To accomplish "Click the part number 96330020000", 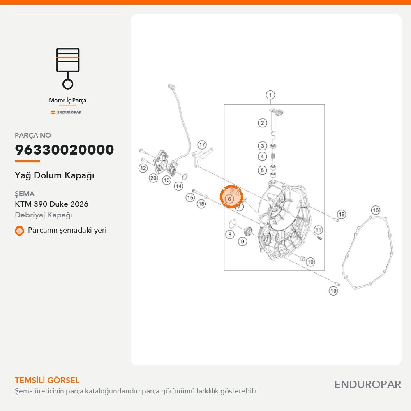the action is point(64,150).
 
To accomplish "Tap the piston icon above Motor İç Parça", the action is point(68,68).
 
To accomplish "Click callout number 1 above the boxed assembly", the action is point(270,95).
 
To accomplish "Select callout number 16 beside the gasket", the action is point(376,210).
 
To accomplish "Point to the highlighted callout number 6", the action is point(229,199).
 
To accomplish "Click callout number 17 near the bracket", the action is point(202,145).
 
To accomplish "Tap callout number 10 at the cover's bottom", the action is point(310,261).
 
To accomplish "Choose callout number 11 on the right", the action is point(318,230).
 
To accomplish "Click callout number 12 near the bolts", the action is point(143,168).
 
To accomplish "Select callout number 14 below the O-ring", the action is point(178,186).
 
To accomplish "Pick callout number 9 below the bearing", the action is point(242,241).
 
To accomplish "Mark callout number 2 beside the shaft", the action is point(262,122).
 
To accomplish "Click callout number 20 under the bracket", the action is point(153,178).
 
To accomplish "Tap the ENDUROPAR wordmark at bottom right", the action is point(367,385).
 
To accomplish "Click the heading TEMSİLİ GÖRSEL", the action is point(47,380).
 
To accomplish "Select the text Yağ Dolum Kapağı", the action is point(55,175).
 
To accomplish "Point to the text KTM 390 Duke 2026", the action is point(51,204).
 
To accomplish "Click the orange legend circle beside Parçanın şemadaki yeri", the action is point(19,231).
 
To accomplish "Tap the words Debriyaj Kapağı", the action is point(44,215).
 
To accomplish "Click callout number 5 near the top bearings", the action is point(262,170).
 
